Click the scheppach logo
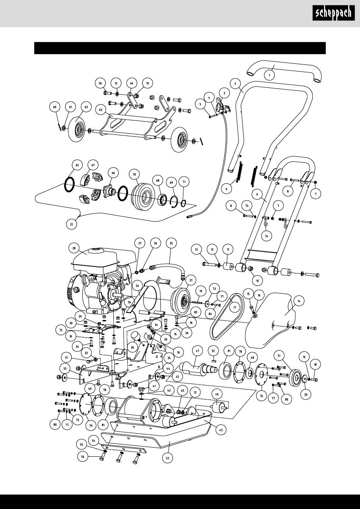point(333,13)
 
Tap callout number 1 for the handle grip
point(269,75)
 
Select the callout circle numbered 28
point(74,248)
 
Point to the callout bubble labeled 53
point(167,458)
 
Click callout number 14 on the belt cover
point(299,301)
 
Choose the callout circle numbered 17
point(235,308)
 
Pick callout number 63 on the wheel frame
point(101,110)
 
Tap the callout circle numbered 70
point(134,174)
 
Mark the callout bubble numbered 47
point(197,351)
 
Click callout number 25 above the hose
point(171,243)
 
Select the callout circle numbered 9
point(257,195)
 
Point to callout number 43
point(221,430)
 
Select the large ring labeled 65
point(69,185)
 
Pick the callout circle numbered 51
point(279,356)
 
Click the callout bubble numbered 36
point(133,347)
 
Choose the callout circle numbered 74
point(266,236)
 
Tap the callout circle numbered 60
point(55,107)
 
